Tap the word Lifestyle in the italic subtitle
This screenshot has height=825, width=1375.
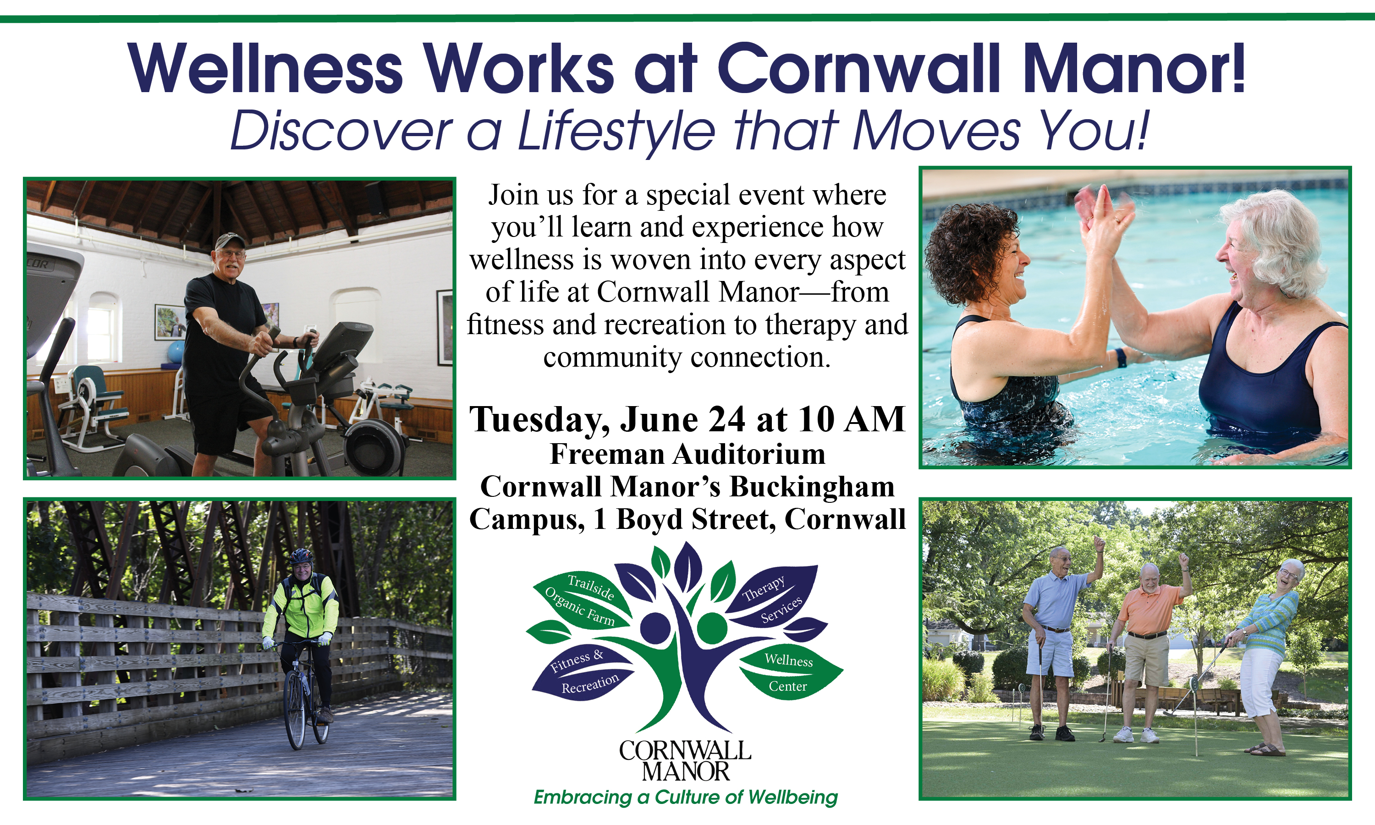[616, 131]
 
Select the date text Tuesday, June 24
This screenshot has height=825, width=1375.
[607, 420]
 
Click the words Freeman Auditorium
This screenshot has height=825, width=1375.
[687, 454]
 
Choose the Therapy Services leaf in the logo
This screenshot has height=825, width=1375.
[773, 598]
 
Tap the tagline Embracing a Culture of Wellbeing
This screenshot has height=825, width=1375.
[685, 797]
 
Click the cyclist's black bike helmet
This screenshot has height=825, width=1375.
[301, 556]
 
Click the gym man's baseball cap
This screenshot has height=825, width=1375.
[229, 240]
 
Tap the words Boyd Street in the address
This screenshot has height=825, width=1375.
[692, 519]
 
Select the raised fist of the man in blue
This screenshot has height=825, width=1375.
[1098, 543]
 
